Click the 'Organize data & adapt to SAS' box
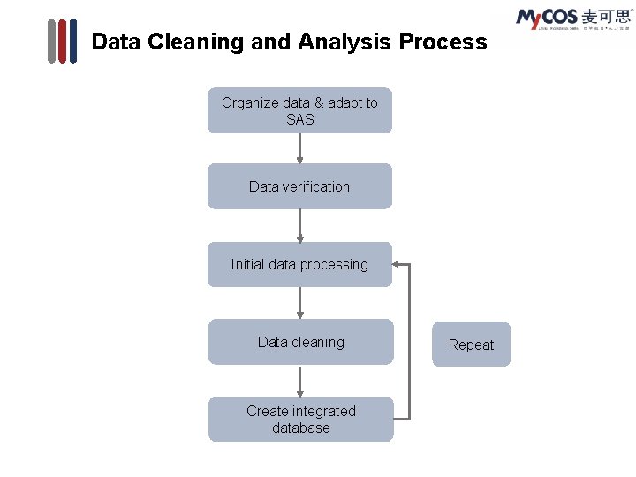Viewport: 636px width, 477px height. [299, 110]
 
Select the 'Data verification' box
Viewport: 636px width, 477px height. [299, 186]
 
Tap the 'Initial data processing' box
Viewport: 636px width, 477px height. [299, 264]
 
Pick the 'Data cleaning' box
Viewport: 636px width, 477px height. [300, 342]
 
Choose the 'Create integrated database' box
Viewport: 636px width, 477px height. [300, 419]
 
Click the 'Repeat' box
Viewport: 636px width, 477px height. [471, 344]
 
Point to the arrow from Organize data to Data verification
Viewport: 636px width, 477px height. [300, 148]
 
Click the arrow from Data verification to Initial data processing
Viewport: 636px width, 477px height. [300, 225]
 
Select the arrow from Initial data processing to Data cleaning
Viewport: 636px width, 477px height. [300, 302]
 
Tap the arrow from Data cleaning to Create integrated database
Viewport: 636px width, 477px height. [300, 380]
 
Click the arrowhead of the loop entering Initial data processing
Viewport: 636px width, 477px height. [397, 263]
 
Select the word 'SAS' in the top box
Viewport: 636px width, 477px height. [300, 119]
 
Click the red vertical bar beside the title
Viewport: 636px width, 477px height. [62, 42]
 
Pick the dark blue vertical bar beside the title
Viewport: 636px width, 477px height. [72, 42]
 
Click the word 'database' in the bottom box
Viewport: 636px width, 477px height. [301, 428]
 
